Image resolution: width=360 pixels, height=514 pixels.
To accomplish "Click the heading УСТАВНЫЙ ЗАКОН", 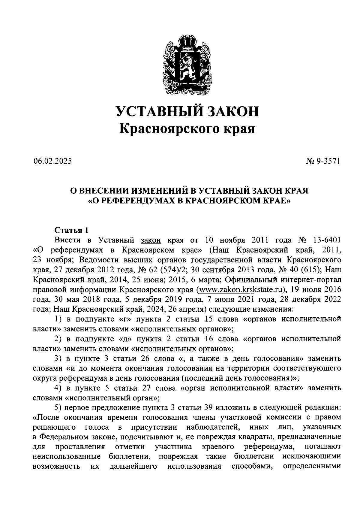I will [187, 111].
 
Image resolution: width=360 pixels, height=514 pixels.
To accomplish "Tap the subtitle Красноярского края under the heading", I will [187, 129].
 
